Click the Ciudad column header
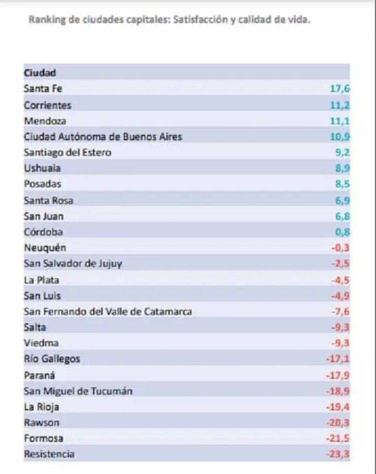(40, 73)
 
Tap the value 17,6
(339, 89)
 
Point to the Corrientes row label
(48, 105)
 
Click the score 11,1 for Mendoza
(340, 121)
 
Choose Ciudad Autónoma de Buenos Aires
(103, 136)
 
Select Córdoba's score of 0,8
(342, 232)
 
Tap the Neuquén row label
(45, 248)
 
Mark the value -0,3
(341, 248)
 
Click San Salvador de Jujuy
(73, 264)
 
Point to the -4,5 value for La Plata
(341, 280)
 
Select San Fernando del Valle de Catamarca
(108, 312)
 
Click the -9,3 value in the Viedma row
(341, 343)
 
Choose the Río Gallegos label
(52, 359)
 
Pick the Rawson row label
(42, 422)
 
